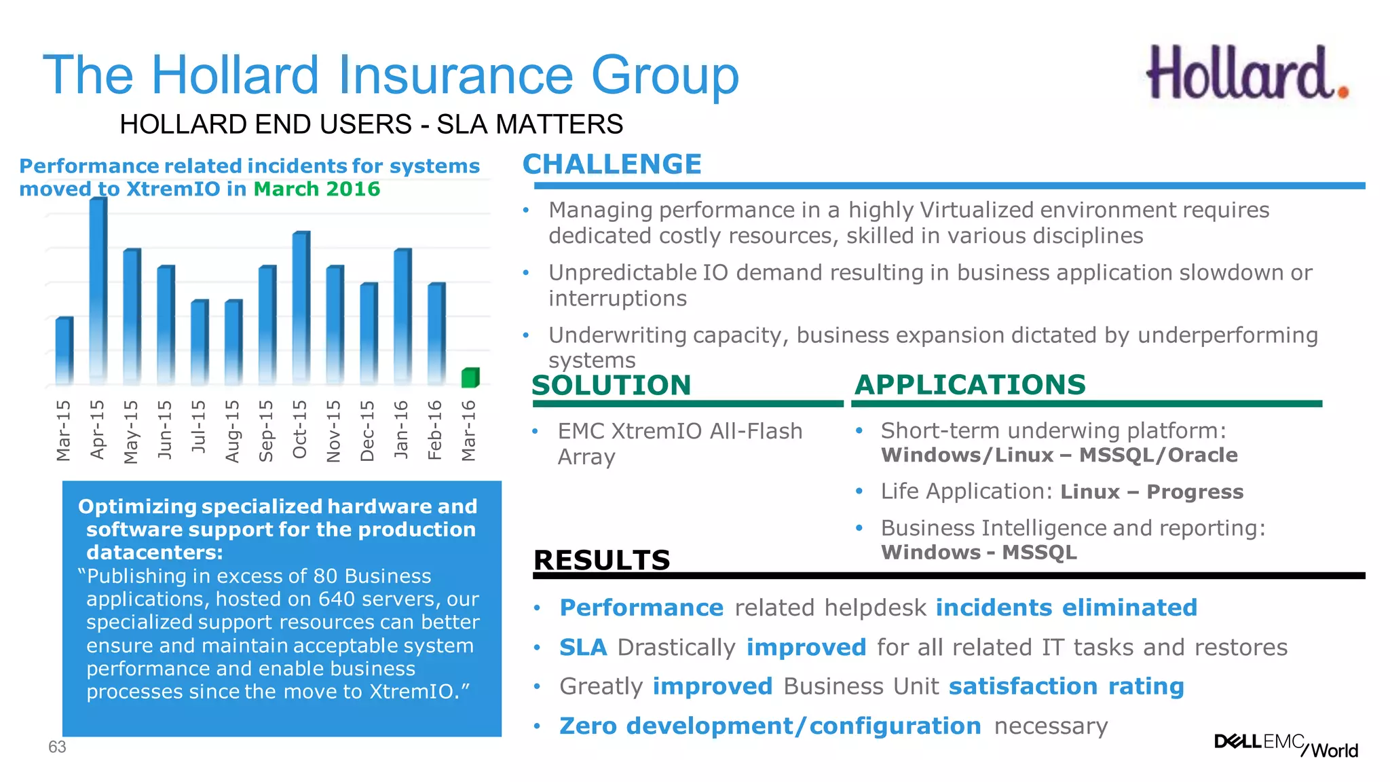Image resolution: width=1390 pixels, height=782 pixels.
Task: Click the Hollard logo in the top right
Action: coord(1247,73)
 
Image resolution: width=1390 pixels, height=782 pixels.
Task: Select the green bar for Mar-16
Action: coord(470,377)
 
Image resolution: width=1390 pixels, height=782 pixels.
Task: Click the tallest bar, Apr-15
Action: coord(98,288)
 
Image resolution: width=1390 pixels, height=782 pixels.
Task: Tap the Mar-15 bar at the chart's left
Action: coord(64,350)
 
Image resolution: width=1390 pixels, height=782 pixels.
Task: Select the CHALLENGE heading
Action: coord(612,164)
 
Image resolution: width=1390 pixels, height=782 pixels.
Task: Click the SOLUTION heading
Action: coord(611,385)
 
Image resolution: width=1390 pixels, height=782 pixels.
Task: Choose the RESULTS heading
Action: coord(601,560)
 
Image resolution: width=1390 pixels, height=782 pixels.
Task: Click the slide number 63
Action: coord(57,747)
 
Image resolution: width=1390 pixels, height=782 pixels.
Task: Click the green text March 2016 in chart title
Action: coord(316,189)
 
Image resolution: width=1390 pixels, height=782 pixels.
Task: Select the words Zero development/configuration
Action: coord(770,726)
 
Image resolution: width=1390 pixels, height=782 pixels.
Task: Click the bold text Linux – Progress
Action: coord(1151,491)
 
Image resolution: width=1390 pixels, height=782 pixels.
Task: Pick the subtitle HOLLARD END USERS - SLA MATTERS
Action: coord(371,124)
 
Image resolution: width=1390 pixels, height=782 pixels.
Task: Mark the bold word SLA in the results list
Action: coord(582,647)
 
